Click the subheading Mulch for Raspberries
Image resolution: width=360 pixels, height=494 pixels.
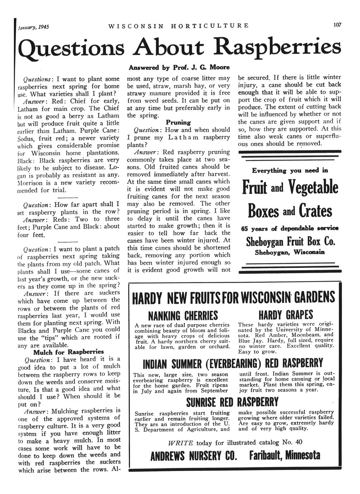[68, 352]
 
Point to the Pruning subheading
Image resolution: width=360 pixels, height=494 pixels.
[178, 122]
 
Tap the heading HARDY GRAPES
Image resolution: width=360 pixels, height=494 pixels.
[285, 315]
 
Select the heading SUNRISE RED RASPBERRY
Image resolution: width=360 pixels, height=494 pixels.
[232, 402]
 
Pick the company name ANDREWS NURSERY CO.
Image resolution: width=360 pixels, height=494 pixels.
[194, 456]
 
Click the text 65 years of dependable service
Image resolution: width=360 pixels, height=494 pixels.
[290, 229]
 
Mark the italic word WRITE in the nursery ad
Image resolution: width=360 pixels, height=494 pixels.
[181, 442]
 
